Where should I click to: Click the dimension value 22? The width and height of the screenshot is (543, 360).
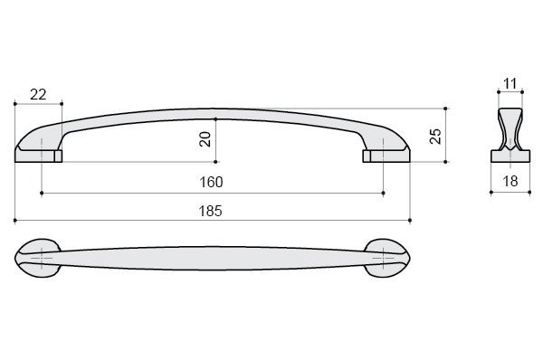pyautogui.click(x=38, y=94)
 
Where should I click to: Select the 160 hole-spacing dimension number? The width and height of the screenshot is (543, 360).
pyautogui.click(x=211, y=182)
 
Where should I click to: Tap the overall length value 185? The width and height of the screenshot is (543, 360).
pyautogui.click(x=210, y=211)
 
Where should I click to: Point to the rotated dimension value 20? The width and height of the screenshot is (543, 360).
pyautogui.click(x=205, y=139)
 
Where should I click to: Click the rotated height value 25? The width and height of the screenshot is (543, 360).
pyautogui.click(x=435, y=136)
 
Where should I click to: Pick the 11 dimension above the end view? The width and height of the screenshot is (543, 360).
pyautogui.click(x=510, y=83)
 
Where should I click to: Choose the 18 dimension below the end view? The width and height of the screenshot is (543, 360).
pyautogui.click(x=510, y=181)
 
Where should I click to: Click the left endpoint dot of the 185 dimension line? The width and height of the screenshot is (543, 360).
pyautogui.click(x=14, y=220)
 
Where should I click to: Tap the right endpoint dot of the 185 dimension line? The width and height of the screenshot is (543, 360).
pyautogui.click(x=410, y=220)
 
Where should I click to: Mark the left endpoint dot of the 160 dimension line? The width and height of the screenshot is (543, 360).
pyautogui.click(x=42, y=193)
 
